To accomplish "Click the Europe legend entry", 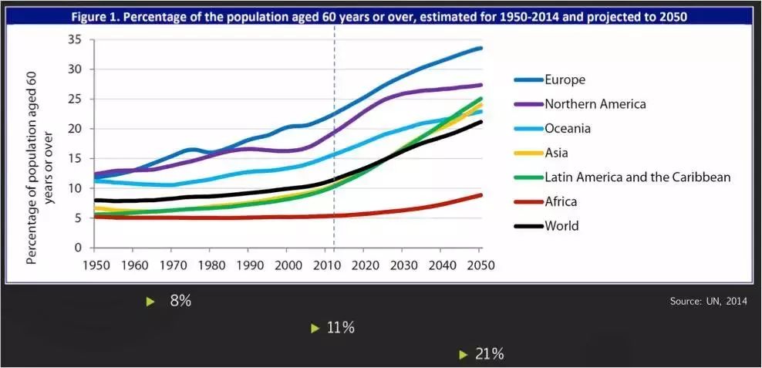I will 565,79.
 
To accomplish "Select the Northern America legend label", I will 595,104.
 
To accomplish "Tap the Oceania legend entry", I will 568,129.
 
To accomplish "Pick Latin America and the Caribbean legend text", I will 637,177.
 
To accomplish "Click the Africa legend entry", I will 561,201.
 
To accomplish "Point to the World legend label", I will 561,226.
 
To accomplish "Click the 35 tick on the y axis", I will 75,39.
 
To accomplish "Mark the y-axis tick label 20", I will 75,129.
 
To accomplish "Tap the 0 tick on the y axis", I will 78,248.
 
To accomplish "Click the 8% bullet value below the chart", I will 180,301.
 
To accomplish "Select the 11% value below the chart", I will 340,328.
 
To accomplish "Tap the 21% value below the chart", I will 489,354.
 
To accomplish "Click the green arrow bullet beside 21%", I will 464,355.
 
